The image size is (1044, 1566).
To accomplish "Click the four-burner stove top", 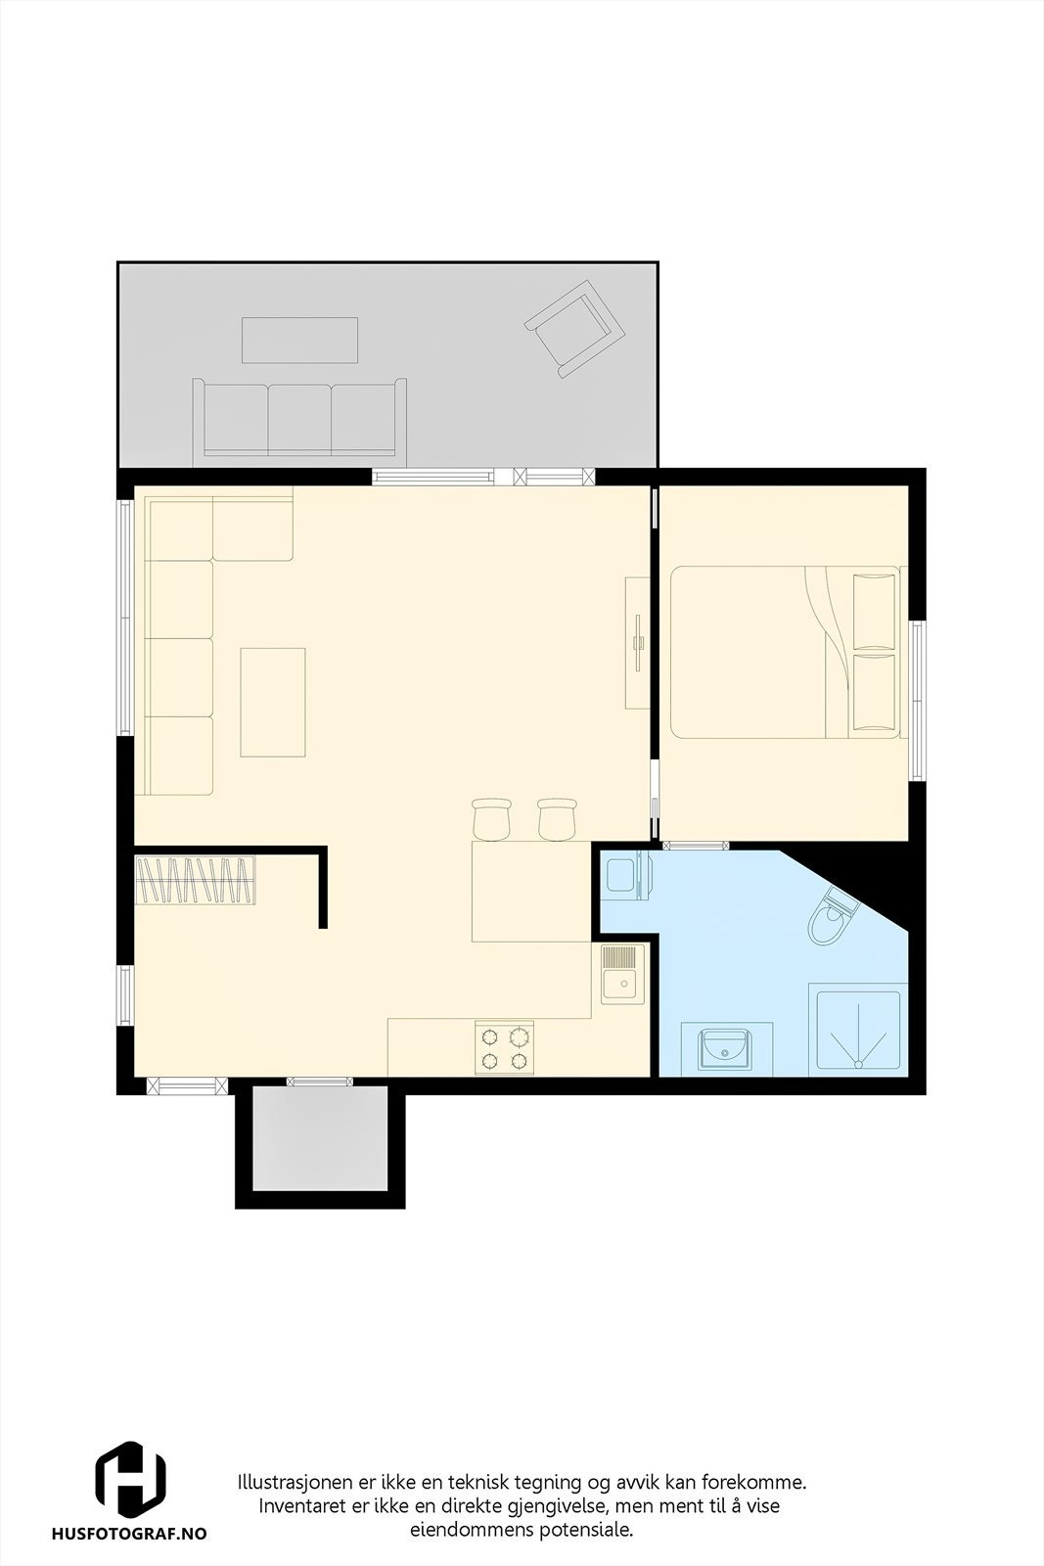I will (x=505, y=1047).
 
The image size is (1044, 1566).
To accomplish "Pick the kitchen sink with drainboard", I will (x=620, y=973).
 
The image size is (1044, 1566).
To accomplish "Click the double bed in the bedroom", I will (x=783, y=652).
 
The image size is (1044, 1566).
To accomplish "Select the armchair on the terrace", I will (x=575, y=329).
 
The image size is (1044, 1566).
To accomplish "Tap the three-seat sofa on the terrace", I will (x=299, y=419).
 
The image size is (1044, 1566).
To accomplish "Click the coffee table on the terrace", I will (x=299, y=340).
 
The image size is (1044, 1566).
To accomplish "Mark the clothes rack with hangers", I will (x=196, y=881).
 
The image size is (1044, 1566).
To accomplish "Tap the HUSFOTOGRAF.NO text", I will (x=129, y=1535).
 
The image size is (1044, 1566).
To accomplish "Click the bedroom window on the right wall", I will (x=917, y=700).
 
